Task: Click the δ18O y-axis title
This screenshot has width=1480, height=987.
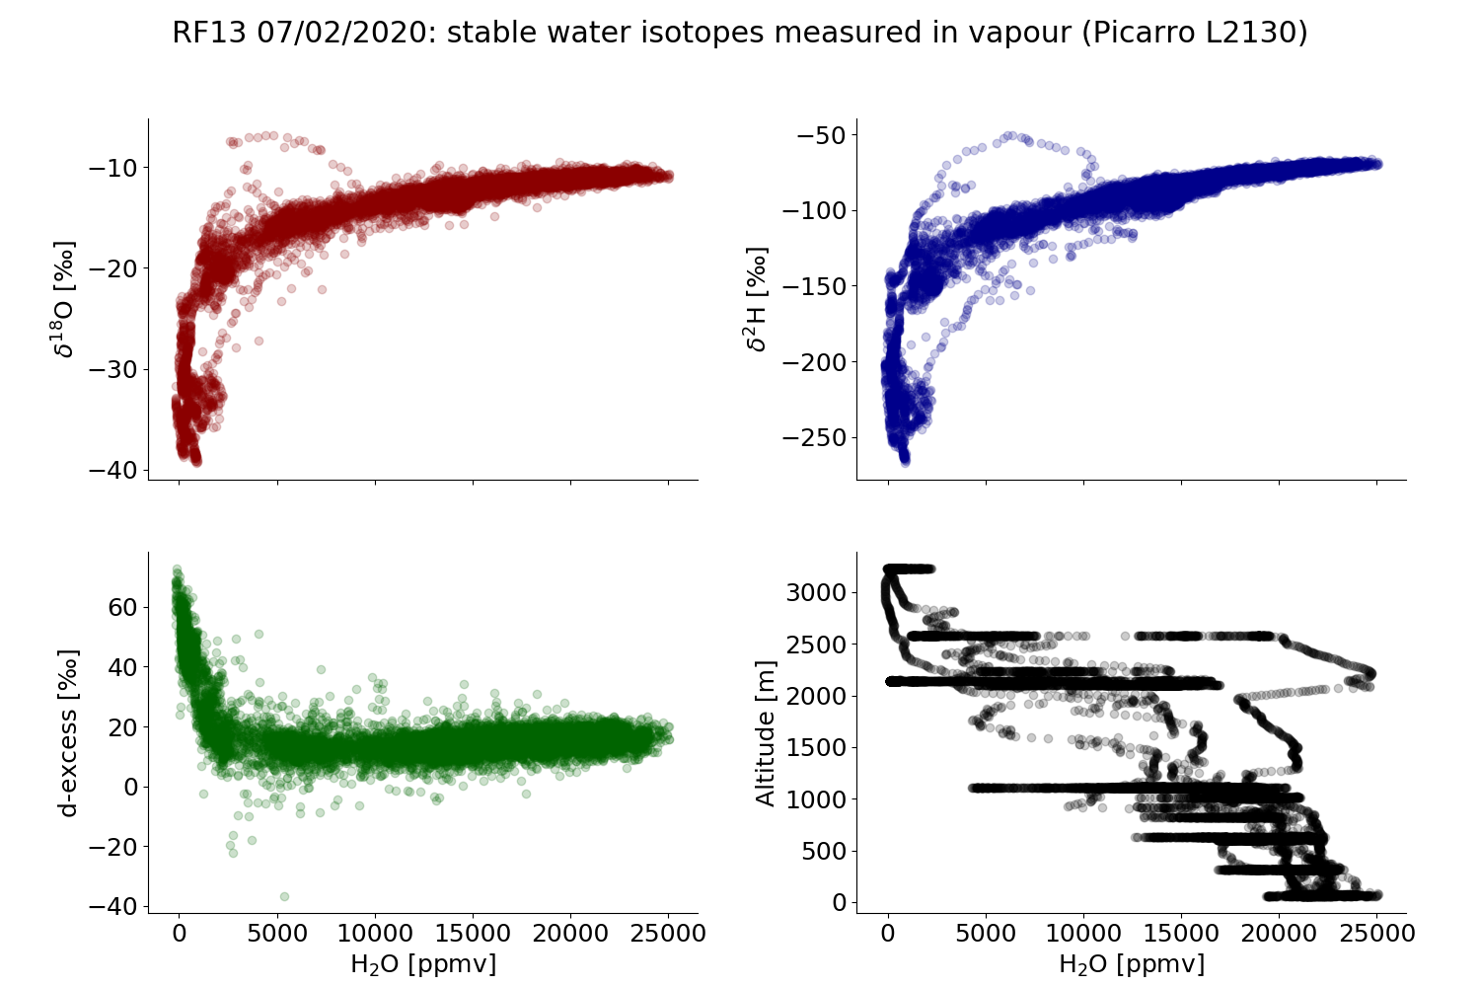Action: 65,298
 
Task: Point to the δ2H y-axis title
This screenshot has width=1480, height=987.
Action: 756,298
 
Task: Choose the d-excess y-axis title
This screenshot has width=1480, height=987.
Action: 67,732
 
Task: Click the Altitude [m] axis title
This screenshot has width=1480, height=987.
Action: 766,732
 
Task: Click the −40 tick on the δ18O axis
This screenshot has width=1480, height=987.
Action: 112,470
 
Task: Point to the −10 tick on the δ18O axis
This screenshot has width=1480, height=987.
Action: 112,168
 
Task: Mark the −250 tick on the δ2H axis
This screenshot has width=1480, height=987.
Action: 814,437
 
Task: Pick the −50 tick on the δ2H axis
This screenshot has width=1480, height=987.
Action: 821,135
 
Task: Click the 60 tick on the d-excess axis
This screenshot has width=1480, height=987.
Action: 122,607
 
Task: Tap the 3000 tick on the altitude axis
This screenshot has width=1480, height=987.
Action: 816,592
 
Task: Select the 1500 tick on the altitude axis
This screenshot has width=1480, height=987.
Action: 816,747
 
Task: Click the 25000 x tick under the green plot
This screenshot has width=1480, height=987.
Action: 668,933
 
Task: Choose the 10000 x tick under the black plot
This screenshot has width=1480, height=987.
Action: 1082,933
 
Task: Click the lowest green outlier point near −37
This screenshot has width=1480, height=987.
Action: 284,896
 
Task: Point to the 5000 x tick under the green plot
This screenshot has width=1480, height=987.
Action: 277,933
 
